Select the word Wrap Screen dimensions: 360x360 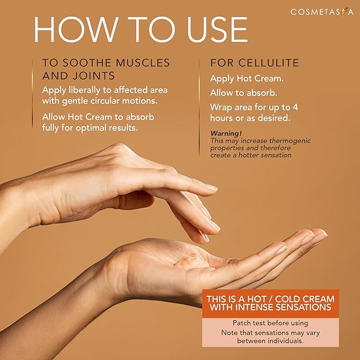pos(222,107)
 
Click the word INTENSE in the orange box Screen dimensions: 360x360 pos(263,307)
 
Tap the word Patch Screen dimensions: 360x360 pos(242,322)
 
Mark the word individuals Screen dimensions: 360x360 pos(285,341)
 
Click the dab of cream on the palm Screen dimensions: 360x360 pos(180,261)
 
